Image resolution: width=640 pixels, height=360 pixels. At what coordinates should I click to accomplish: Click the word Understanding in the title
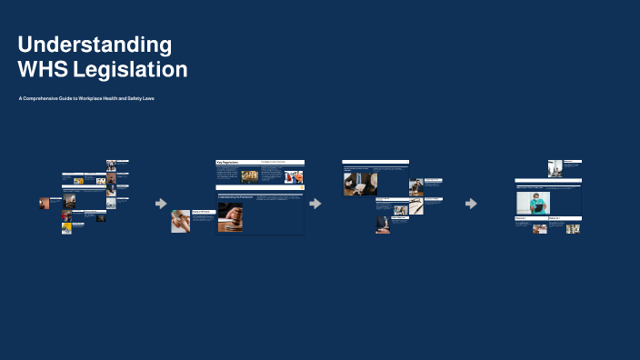tap(95, 45)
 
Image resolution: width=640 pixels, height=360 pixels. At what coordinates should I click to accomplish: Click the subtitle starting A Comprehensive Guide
tap(86, 98)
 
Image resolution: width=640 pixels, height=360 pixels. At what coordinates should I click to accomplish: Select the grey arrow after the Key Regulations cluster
tap(315, 204)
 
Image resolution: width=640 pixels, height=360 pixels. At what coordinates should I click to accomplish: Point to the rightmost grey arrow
tap(471, 204)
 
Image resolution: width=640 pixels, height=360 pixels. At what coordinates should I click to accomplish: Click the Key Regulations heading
tap(227, 162)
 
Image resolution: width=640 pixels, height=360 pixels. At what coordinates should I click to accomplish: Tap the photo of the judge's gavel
tap(230, 218)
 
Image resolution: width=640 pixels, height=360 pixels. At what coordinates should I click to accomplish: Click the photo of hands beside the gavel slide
tap(180, 222)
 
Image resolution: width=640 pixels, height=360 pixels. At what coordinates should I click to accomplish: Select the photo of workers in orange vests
tap(294, 176)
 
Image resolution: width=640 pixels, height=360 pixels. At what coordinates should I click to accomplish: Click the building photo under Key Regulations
tap(249, 176)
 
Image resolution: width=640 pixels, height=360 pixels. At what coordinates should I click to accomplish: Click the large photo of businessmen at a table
tap(360, 183)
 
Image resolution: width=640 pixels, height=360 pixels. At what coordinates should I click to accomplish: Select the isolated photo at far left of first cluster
tap(44, 203)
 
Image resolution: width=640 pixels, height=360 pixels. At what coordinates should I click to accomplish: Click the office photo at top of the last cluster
tap(555, 167)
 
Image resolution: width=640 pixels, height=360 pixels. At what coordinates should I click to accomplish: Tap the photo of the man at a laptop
tap(415, 186)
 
